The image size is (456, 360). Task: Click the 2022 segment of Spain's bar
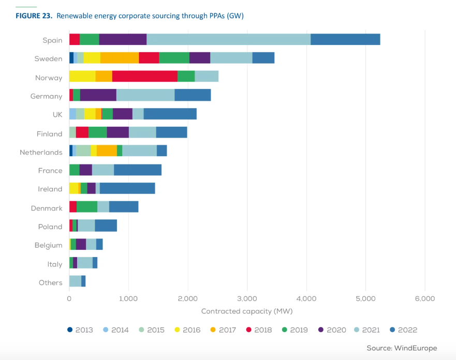345,40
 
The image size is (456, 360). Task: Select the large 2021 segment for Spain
228,40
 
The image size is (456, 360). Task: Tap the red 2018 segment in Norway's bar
144,77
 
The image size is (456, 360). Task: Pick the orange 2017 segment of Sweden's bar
120,58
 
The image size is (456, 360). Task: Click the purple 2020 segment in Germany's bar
98,96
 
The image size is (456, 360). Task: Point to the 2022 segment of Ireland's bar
127,189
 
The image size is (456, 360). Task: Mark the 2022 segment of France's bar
138,170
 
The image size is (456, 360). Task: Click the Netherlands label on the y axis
41,152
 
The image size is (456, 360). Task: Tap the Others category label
50,282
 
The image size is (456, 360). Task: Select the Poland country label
50,227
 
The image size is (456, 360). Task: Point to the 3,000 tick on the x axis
247,298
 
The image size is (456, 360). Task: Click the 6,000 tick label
425,298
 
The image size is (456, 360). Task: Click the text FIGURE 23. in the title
34,16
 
